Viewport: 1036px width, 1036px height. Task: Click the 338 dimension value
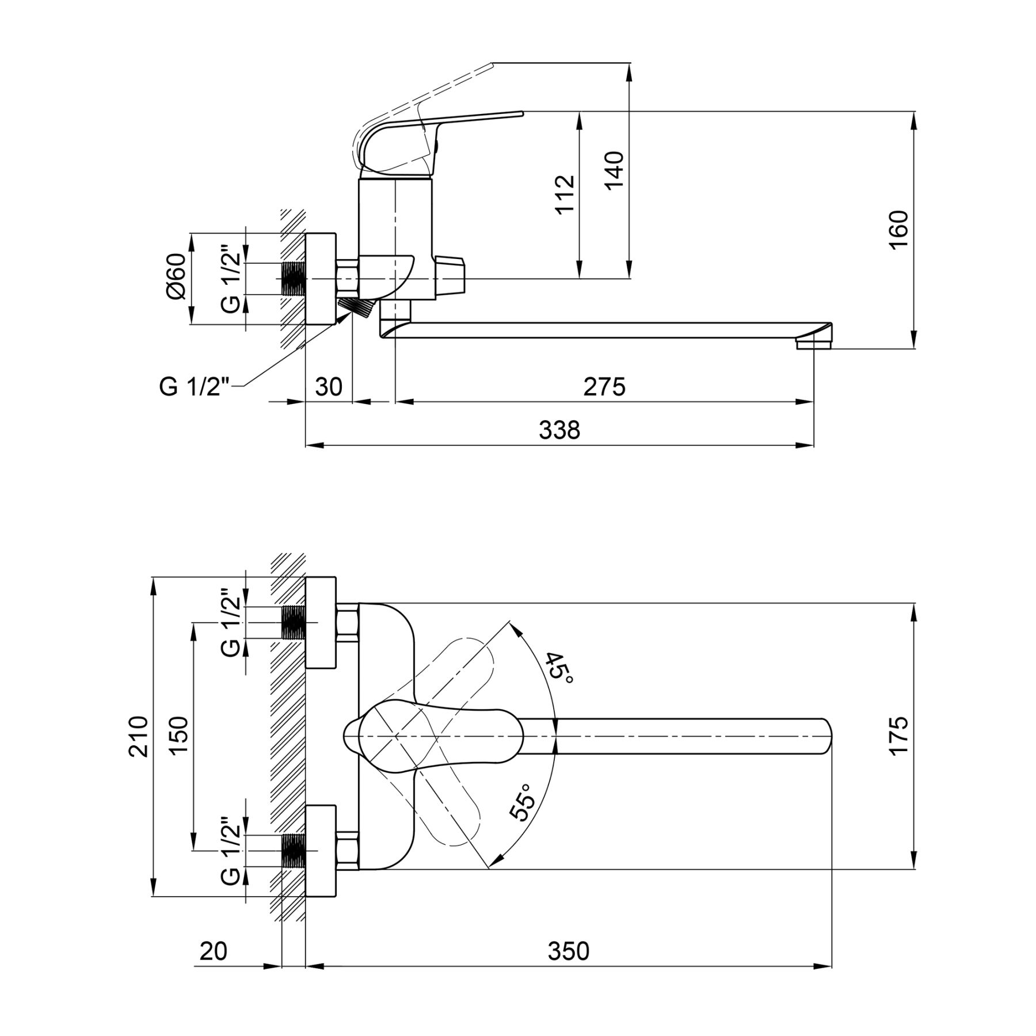point(559,429)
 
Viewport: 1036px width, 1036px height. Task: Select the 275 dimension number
point(604,387)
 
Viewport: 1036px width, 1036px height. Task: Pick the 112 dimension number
point(565,194)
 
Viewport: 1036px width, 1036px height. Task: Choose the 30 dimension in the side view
point(329,387)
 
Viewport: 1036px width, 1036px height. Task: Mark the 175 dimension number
point(898,734)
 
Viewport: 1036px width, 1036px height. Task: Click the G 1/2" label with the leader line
point(195,387)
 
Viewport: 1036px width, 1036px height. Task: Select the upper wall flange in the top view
point(320,622)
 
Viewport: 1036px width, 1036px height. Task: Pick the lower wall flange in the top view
point(320,850)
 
